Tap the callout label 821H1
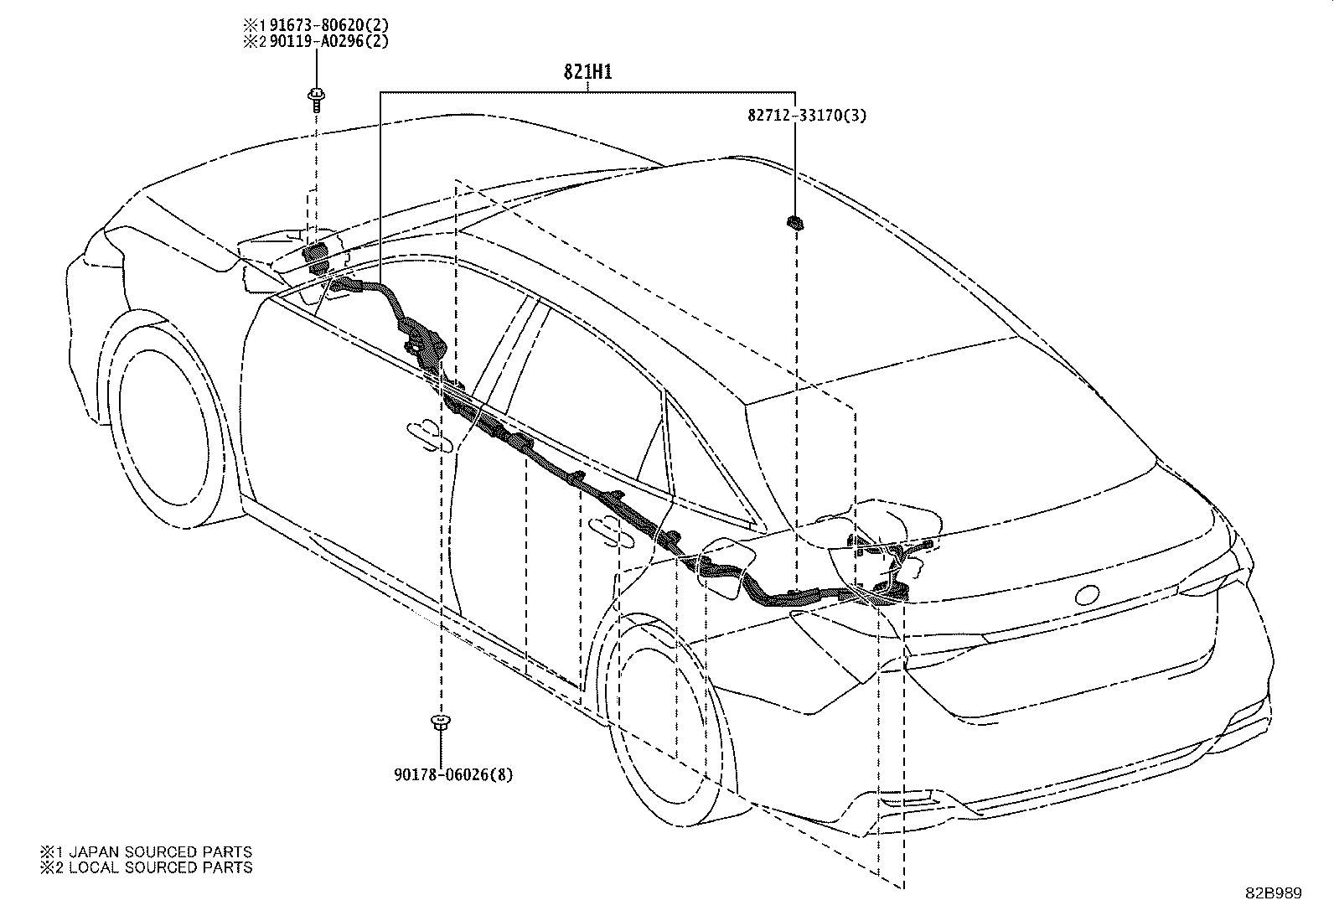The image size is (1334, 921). click(x=587, y=72)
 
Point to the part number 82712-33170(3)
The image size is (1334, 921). click(x=807, y=115)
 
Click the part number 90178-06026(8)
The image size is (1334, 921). click(x=453, y=774)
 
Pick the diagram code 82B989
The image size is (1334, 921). click(x=1274, y=893)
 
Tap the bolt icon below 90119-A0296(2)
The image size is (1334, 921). click(x=316, y=100)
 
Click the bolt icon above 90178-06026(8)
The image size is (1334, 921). click(x=440, y=722)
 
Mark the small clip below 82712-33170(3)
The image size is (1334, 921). click(x=795, y=224)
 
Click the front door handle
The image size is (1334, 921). click(x=430, y=436)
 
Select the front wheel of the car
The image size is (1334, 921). click(x=163, y=418)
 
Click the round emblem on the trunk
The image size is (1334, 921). click(x=1087, y=595)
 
